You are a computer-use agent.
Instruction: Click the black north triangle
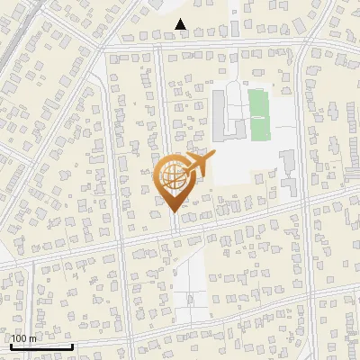(181, 25)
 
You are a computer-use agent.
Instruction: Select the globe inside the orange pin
(173, 176)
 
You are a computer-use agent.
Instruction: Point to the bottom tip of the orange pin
(175, 211)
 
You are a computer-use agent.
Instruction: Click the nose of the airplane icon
(212, 155)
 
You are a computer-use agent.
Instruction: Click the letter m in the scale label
(32, 338)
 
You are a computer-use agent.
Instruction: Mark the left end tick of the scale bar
(10, 346)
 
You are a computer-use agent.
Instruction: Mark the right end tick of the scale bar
(72, 346)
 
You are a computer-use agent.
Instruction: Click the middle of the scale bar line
(40, 347)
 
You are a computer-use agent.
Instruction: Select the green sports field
(259, 115)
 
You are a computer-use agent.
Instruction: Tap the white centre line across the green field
(259, 115)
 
